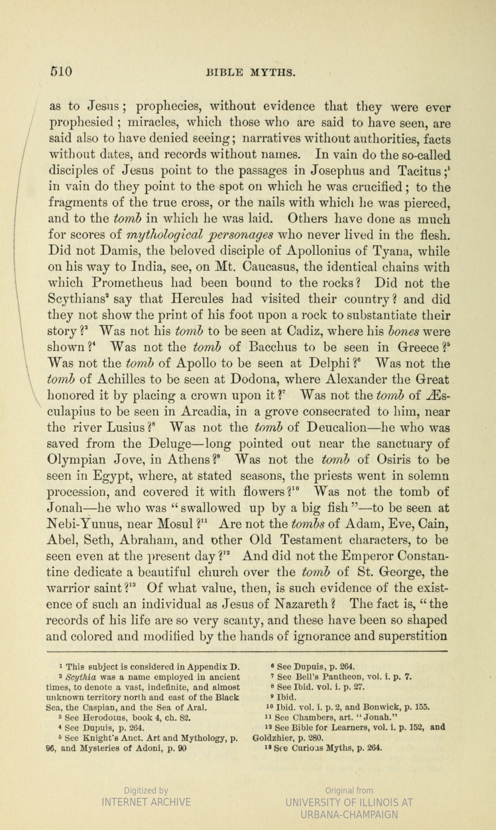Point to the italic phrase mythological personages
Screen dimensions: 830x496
[200, 235]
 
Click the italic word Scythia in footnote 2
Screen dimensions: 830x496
[81, 677]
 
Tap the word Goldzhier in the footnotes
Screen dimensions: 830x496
[278, 737]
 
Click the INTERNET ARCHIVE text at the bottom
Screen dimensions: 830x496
[146, 802]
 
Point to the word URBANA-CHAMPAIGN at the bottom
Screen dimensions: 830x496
[349, 814]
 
